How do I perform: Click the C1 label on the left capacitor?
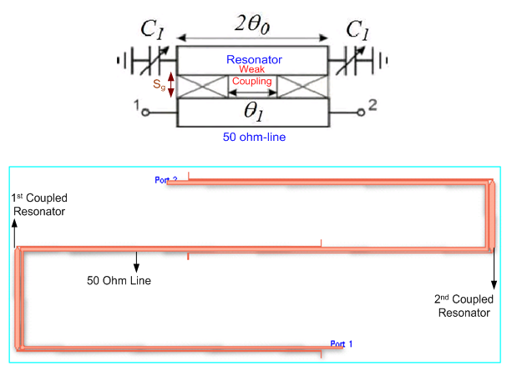pyautogui.click(x=153, y=32)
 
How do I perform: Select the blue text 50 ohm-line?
pyautogui.click(x=254, y=136)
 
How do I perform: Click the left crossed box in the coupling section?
pyautogui.click(x=203, y=87)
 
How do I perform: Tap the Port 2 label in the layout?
pyautogui.click(x=166, y=180)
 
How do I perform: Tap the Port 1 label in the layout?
pyautogui.click(x=342, y=343)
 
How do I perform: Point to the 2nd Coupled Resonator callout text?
pyautogui.click(x=464, y=306)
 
